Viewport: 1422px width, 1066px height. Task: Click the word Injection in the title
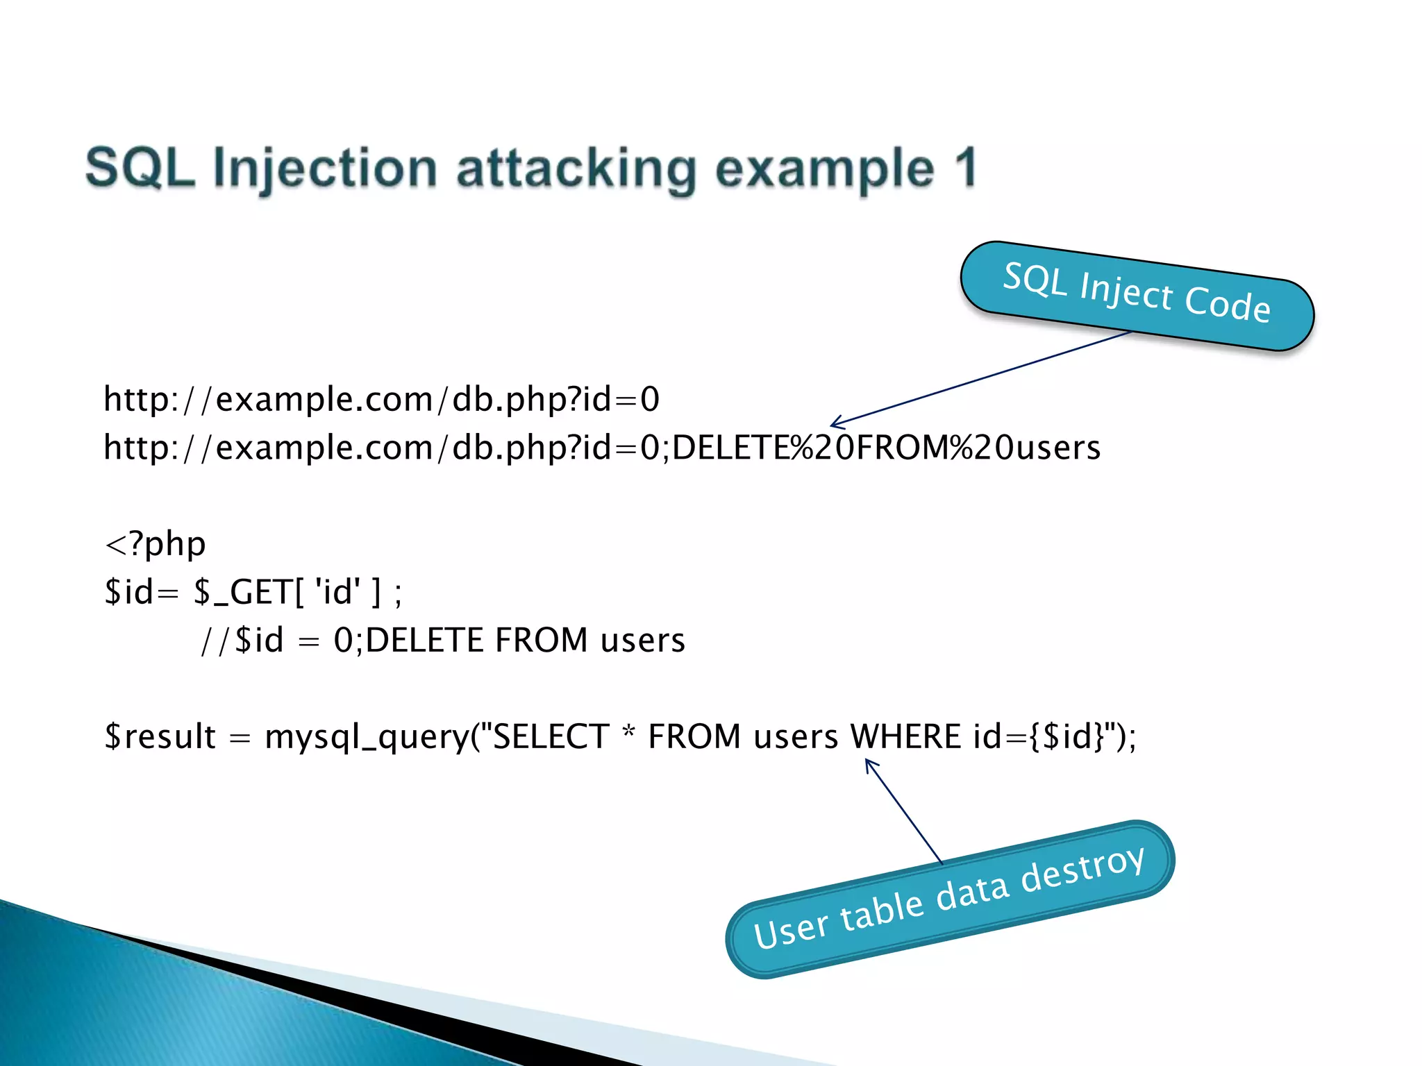[324, 169]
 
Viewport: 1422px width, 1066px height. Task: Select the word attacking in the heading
[576, 169]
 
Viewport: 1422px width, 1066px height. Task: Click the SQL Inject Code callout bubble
[1137, 296]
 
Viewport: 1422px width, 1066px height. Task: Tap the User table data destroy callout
[949, 899]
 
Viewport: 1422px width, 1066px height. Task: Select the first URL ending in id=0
[381, 399]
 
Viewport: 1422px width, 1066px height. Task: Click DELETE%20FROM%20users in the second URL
[886, 448]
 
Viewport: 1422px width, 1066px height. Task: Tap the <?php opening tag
[155, 543]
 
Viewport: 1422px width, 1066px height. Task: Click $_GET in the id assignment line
[243, 592]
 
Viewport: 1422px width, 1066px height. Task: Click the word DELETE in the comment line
[424, 640]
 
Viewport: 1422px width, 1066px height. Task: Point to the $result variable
[160, 736]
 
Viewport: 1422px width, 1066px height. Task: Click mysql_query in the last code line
[367, 736]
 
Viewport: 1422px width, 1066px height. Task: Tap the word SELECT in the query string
[550, 736]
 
